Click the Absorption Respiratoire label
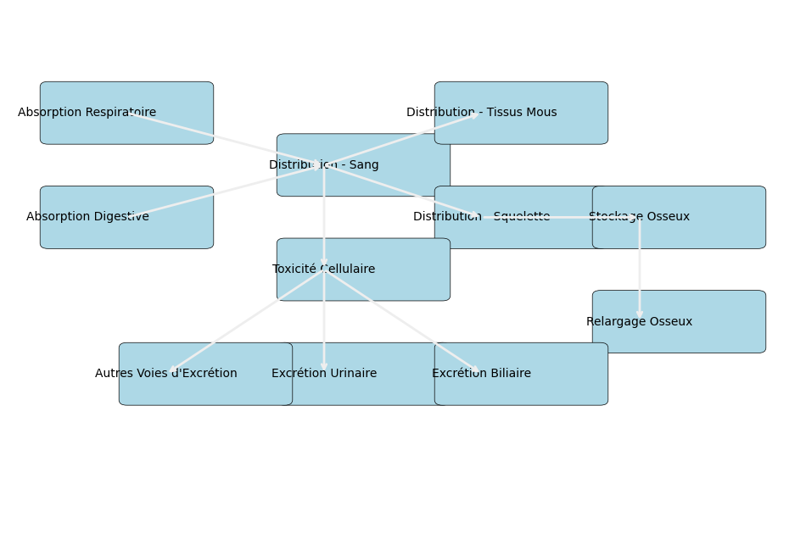coord(87,113)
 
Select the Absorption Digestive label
coord(87,217)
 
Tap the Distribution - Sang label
coord(323,165)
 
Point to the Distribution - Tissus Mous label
coord(481,113)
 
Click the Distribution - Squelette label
coord(481,217)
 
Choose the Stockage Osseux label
coord(639,217)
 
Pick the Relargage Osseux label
coord(639,322)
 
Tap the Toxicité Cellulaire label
coord(323,269)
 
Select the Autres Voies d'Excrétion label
coord(165,374)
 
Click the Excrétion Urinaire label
coord(323,374)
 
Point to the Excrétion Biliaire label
coord(481,374)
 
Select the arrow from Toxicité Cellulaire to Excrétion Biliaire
coord(402,321)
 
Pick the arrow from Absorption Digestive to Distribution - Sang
coord(225,191)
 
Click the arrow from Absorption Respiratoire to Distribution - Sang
coord(225,138)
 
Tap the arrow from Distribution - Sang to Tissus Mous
coord(402,139)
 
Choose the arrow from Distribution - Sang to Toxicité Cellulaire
coord(323,216)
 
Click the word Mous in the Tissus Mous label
coord(540,113)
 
